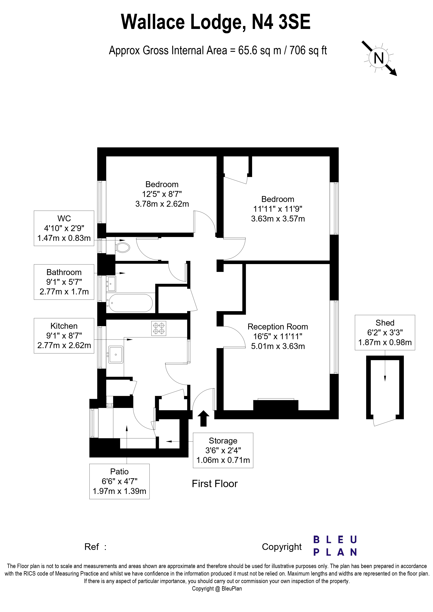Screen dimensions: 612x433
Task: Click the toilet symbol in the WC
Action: coord(123,247)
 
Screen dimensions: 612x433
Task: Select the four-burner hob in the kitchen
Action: coord(159,328)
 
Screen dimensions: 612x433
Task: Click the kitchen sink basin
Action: coord(116,355)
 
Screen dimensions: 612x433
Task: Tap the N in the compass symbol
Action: coord(379,58)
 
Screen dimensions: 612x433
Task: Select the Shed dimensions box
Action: coord(385,332)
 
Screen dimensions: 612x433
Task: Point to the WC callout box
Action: coord(64,228)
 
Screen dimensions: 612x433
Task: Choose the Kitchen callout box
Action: coord(64,336)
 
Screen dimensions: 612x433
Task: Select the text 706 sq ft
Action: coord(308,50)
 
